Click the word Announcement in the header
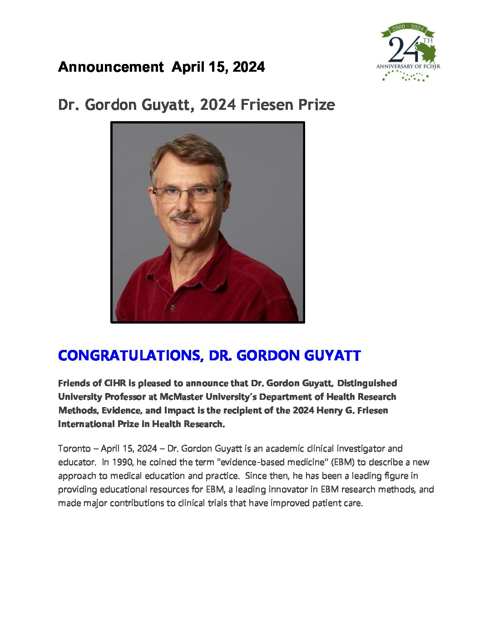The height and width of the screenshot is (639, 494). pos(111,67)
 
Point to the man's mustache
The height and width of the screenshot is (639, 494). pos(186,218)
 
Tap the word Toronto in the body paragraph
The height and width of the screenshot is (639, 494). pos(74,449)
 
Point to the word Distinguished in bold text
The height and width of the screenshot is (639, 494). pos(367,383)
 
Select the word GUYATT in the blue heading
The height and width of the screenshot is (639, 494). pos(332,355)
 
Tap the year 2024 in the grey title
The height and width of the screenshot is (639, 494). pos(218,105)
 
